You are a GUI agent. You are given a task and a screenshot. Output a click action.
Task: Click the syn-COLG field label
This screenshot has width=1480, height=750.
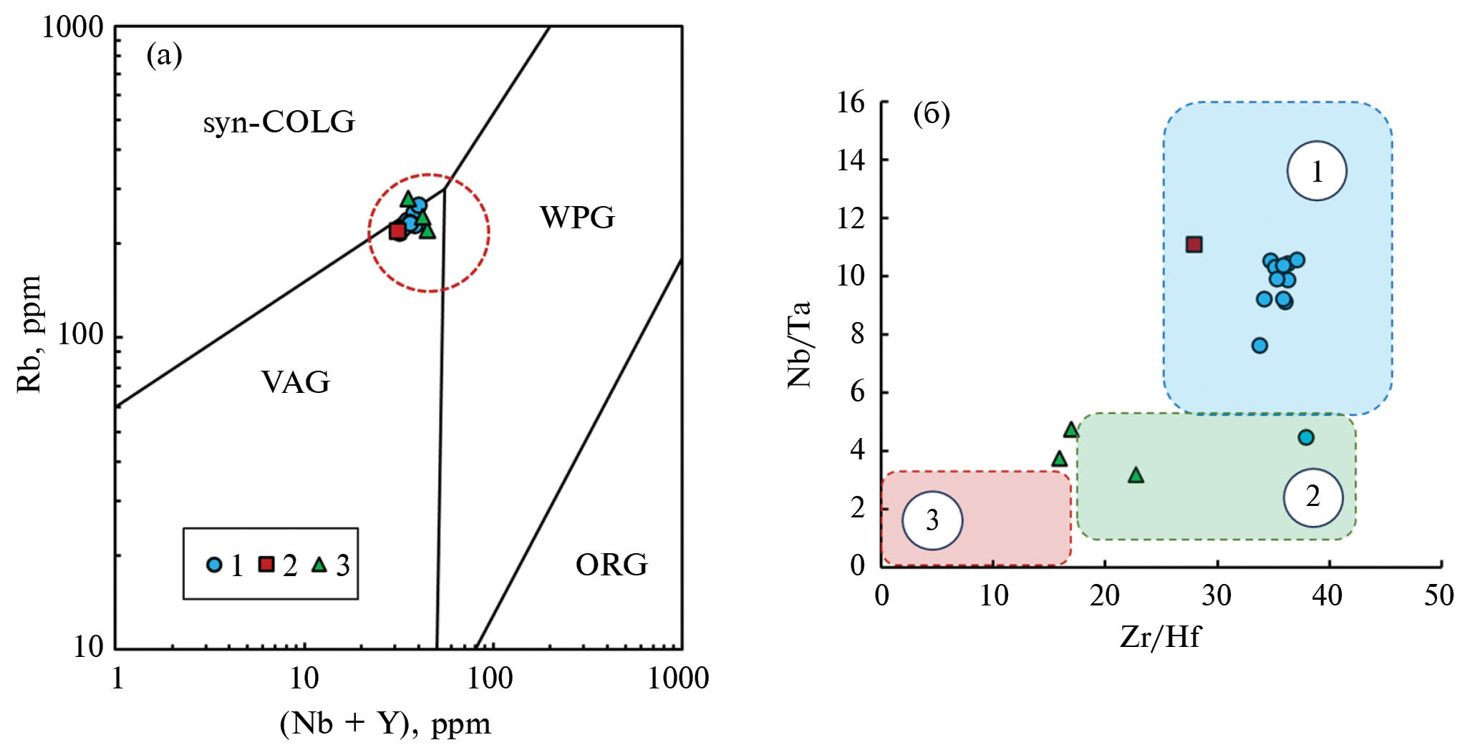click(x=279, y=122)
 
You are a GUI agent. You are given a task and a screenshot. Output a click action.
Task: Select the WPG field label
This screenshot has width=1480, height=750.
click(x=577, y=218)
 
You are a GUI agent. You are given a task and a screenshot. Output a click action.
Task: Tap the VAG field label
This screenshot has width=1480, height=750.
click(x=295, y=382)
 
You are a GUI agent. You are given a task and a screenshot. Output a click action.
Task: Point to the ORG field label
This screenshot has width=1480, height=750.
click(x=611, y=565)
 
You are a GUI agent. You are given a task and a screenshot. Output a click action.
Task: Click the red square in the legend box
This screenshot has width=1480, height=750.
click(x=266, y=564)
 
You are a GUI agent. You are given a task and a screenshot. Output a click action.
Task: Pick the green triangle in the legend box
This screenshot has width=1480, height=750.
click(x=319, y=565)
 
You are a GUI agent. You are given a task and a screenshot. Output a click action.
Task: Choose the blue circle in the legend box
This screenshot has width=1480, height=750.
click(x=213, y=565)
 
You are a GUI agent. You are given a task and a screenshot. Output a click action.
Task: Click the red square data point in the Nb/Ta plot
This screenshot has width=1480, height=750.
click(x=1194, y=245)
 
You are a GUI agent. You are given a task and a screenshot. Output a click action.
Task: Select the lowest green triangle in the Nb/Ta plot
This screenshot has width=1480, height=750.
click(x=1136, y=475)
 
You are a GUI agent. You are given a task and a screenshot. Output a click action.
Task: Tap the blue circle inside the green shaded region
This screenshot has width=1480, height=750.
click(x=1306, y=437)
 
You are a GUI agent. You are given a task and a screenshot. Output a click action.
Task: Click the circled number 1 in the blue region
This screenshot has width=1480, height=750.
click(x=1317, y=171)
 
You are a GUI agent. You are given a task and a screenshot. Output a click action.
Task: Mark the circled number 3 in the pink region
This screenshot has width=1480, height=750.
click(x=932, y=520)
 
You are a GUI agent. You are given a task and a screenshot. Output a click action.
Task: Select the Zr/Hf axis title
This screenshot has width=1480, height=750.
click(x=1160, y=636)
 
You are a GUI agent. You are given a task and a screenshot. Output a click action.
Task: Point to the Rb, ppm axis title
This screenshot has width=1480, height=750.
click(x=29, y=335)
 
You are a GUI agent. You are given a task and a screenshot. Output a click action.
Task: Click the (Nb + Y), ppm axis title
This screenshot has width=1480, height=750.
click(x=385, y=724)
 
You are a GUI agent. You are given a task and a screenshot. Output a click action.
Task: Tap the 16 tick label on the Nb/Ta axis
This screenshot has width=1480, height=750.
click(x=851, y=102)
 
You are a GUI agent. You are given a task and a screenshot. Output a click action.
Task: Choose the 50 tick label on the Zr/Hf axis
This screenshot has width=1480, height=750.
click(x=1438, y=595)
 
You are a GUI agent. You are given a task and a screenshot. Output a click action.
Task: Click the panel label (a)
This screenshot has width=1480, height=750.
click(x=164, y=55)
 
